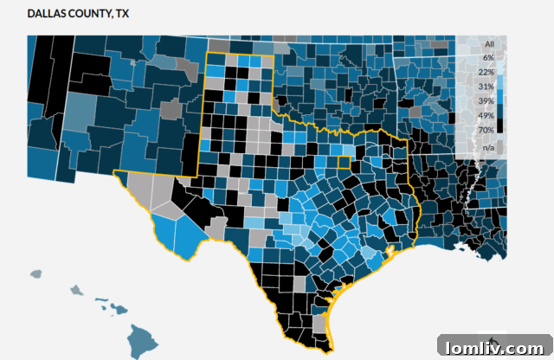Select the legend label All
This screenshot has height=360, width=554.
[x=489, y=43]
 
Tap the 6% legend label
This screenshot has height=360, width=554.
[x=489, y=57]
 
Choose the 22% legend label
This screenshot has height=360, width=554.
[x=486, y=72]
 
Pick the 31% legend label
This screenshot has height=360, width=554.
[x=486, y=87]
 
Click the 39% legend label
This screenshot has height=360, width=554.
[x=486, y=101]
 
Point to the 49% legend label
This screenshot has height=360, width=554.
[x=486, y=116]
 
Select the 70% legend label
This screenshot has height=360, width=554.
[x=486, y=130]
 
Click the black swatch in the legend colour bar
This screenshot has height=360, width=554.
[x=501, y=126]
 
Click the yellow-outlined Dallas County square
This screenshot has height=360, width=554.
[x=345, y=162]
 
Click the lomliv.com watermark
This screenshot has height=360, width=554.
[x=492, y=346]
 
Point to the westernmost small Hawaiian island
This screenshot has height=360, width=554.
[x=35, y=274]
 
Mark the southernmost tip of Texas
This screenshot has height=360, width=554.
[x=326, y=350]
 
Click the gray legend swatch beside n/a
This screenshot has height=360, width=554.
[x=501, y=148]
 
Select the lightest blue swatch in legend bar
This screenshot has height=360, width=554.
[x=501, y=57]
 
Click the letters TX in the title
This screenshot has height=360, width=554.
[x=120, y=15]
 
